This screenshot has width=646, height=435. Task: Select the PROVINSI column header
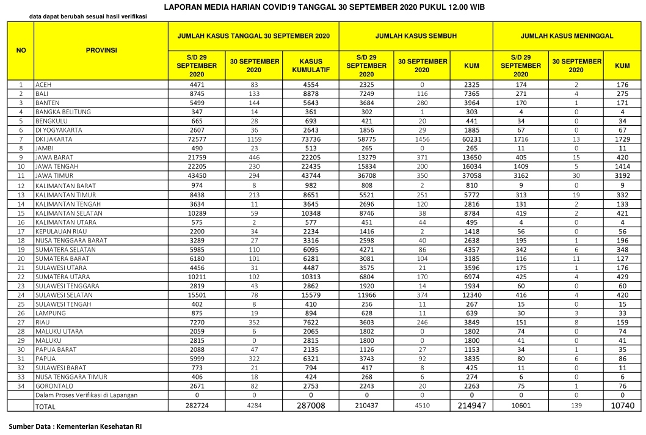[x=101, y=50]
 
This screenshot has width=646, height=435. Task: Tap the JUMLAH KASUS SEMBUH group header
[x=416, y=37]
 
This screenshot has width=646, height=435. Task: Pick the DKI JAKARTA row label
[x=53, y=139]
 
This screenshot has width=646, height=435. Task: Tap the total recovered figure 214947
[x=471, y=405]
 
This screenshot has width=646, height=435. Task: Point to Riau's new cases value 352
[x=255, y=322]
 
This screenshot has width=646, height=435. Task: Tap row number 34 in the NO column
[x=21, y=386]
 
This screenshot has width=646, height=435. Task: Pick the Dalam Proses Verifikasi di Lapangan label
[x=85, y=395]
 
